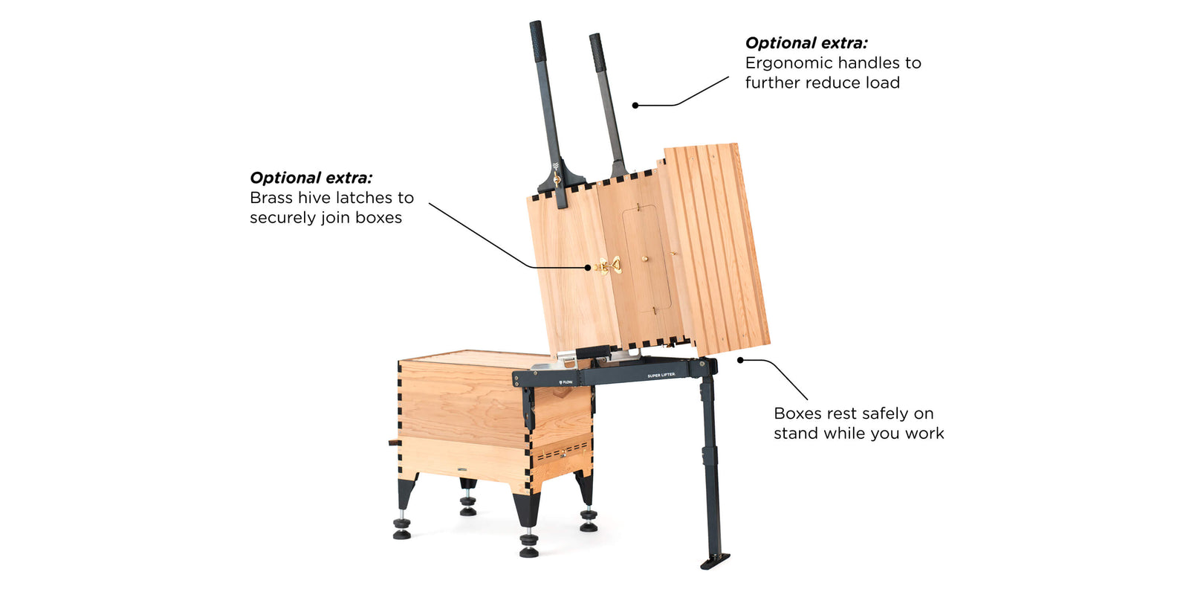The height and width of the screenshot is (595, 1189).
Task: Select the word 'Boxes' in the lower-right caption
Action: point(798,414)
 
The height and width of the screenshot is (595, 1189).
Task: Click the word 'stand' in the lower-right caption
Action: point(797,434)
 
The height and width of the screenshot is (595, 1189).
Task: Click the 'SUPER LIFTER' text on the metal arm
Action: point(661,376)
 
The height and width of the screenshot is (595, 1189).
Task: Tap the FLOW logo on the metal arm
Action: point(566,382)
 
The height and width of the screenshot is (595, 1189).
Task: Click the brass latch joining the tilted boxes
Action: point(609,266)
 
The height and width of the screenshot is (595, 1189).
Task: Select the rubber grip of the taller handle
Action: point(537,42)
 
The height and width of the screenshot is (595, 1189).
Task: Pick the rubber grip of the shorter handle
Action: point(597,53)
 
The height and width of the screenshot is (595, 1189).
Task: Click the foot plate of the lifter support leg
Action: point(714,561)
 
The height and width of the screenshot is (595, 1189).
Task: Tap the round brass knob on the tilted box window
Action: point(645,259)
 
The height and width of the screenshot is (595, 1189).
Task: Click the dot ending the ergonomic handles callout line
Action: point(635,105)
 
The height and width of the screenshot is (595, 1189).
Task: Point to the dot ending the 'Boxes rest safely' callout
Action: point(740,360)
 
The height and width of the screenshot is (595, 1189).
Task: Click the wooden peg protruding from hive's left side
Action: point(393,442)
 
